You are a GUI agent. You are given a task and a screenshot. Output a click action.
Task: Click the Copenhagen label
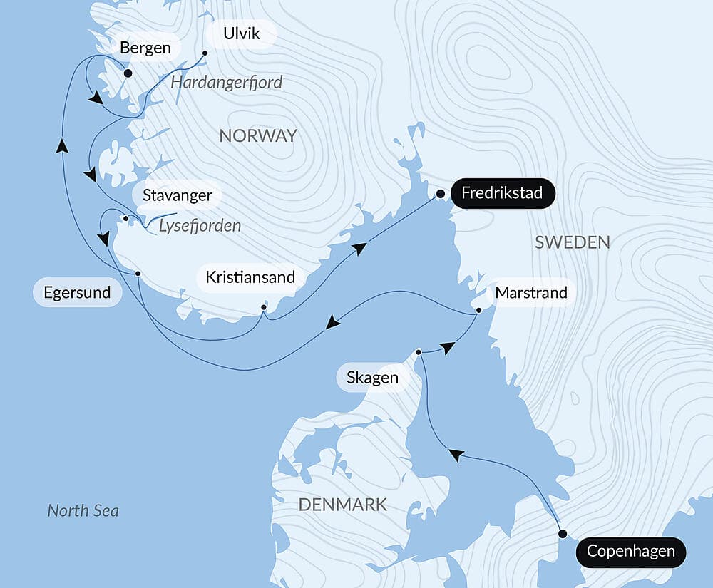tap(630, 552)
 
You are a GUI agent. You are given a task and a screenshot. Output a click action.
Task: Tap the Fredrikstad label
tap(502, 193)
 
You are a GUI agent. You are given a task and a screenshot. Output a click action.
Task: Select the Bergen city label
tap(145, 48)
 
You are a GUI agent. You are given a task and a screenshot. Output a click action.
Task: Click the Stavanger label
tap(177, 195)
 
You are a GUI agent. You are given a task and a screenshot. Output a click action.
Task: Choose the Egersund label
tap(77, 292)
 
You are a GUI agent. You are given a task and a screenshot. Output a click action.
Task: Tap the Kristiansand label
tap(250, 277)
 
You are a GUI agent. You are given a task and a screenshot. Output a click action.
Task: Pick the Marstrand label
tap(531, 292)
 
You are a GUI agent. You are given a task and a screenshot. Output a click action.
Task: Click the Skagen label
tap(372, 377)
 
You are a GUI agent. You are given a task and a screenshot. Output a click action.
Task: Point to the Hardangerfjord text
tap(227, 83)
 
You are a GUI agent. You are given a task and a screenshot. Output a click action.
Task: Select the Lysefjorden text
tap(200, 226)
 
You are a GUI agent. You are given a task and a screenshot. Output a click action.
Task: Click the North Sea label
tap(83, 510)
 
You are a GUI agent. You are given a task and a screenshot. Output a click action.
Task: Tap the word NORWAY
tap(257, 136)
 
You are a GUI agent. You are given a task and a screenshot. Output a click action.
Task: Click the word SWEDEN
tap(572, 242)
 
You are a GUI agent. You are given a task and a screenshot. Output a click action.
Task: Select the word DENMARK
tap(342, 505)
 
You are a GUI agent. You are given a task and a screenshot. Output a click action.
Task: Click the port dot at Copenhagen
tap(563, 534)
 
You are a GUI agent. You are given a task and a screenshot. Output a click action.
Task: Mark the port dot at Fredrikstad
tap(441, 194)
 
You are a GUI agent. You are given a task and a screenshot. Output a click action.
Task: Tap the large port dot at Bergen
tap(128, 73)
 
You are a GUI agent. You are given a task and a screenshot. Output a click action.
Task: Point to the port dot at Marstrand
tap(479, 310)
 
